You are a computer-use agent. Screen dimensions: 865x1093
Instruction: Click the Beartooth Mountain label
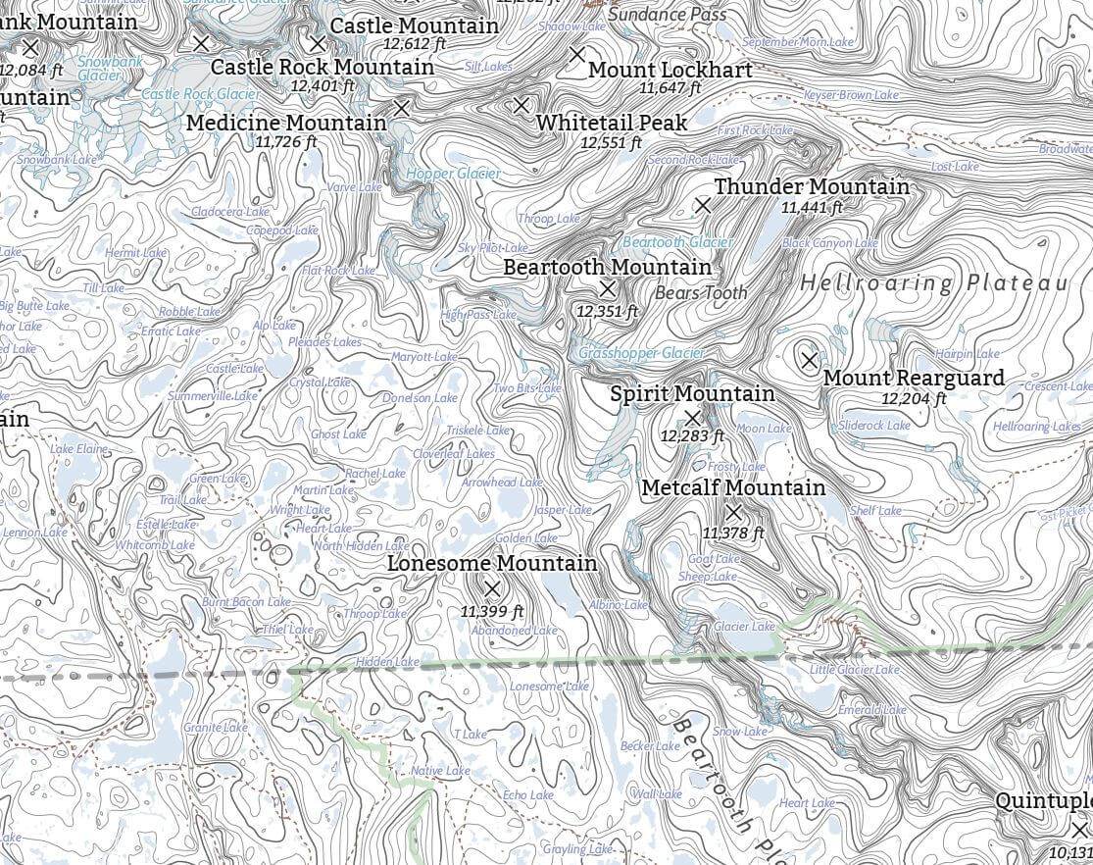click(607, 267)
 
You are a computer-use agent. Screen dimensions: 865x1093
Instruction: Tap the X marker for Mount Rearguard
click(809, 360)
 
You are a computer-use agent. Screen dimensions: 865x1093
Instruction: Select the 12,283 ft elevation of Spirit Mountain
click(692, 435)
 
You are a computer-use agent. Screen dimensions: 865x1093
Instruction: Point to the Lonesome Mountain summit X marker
click(493, 588)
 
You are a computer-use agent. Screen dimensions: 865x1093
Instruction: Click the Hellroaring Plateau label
click(933, 283)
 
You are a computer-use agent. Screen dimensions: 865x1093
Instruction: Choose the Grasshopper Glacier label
click(641, 353)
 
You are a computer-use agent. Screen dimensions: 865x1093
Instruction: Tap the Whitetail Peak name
click(612, 123)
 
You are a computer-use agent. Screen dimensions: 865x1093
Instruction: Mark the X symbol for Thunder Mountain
click(702, 205)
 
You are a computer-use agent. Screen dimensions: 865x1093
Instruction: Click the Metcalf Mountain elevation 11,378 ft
click(732, 533)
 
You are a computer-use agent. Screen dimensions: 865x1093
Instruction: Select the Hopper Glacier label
click(453, 174)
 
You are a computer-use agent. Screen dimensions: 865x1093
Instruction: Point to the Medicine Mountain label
click(286, 123)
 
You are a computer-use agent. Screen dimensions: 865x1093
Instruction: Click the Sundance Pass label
click(668, 15)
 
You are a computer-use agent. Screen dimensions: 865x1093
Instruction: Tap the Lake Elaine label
click(79, 449)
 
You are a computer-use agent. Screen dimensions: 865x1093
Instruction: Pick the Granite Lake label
click(216, 728)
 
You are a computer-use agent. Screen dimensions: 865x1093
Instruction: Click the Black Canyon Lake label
click(829, 243)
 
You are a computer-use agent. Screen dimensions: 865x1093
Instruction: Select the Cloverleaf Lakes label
click(454, 454)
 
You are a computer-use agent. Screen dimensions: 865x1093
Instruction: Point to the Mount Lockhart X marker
click(577, 54)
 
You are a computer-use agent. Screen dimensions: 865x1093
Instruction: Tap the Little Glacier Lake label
click(854, 670)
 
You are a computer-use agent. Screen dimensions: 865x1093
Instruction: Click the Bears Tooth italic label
click(700, 292)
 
